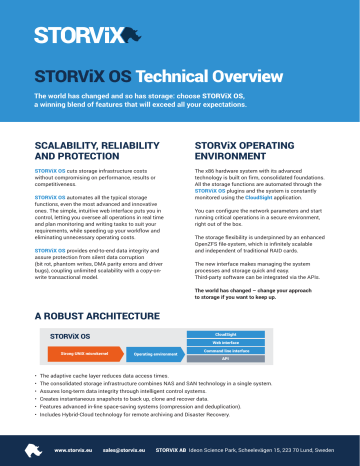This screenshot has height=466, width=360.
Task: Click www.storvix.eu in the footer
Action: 75,451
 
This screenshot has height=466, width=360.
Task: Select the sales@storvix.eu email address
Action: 126,451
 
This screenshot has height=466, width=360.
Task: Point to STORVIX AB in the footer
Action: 180,451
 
